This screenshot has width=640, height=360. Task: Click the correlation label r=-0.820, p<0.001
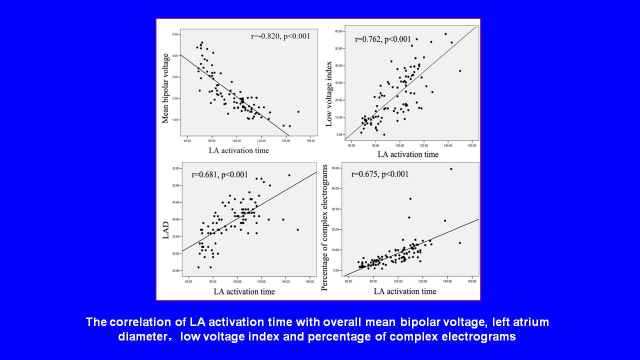(280, 36)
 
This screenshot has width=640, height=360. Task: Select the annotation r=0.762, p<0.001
(383, 39)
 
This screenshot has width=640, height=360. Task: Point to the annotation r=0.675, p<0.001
(380, 174)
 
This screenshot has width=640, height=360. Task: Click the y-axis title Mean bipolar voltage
(165, 88)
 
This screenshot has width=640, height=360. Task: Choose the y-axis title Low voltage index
(329, 94)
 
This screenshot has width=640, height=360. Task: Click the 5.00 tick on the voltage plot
(175, 34)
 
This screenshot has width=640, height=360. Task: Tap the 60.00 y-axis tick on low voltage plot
(338, 31)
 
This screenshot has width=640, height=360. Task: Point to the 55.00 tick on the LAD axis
(175, 168)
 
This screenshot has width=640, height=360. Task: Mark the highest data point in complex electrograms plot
(451, 169)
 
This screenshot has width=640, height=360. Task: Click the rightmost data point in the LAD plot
(297, 230)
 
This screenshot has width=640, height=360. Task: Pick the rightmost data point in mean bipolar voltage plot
(298, 111)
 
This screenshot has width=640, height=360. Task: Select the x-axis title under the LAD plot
(244, 291)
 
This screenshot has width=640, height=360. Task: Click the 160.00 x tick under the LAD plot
(310, 281)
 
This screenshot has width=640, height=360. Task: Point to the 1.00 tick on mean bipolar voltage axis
(175, 120)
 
